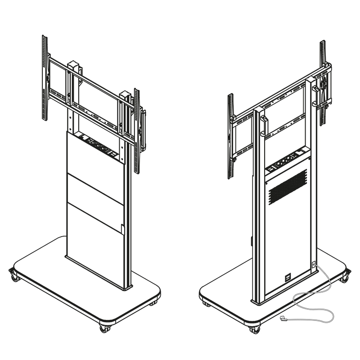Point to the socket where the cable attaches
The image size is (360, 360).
(x=314, y=265)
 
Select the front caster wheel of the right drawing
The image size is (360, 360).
(x=255, y=330)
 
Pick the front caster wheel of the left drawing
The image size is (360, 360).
(x=104, y=329)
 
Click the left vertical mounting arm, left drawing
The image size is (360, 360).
(x=44, y=79)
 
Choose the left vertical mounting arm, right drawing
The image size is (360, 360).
(x=230, y=135)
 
